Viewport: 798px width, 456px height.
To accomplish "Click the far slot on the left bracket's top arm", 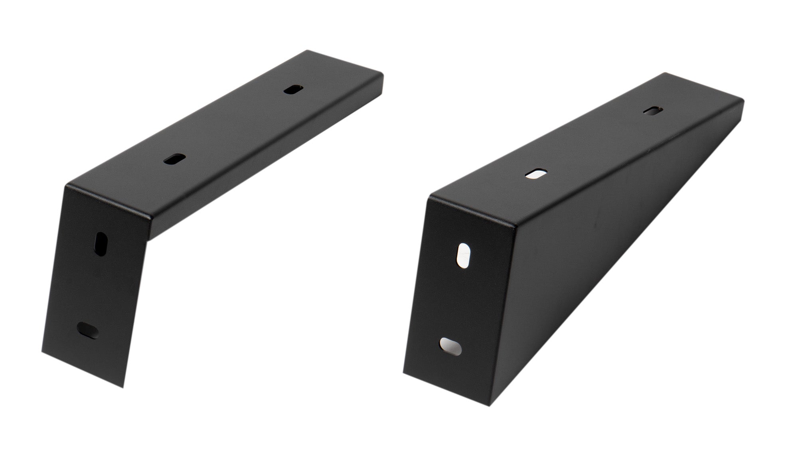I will [x=293, y=90].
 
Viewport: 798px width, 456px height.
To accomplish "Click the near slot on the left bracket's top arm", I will [x=174, y=159].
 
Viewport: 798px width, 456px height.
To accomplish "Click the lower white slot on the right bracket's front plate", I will [x=451, y=346].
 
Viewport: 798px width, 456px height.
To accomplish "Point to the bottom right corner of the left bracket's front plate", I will [x=124, y=386].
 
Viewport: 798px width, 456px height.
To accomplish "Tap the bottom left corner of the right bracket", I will [x=404, y=373].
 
